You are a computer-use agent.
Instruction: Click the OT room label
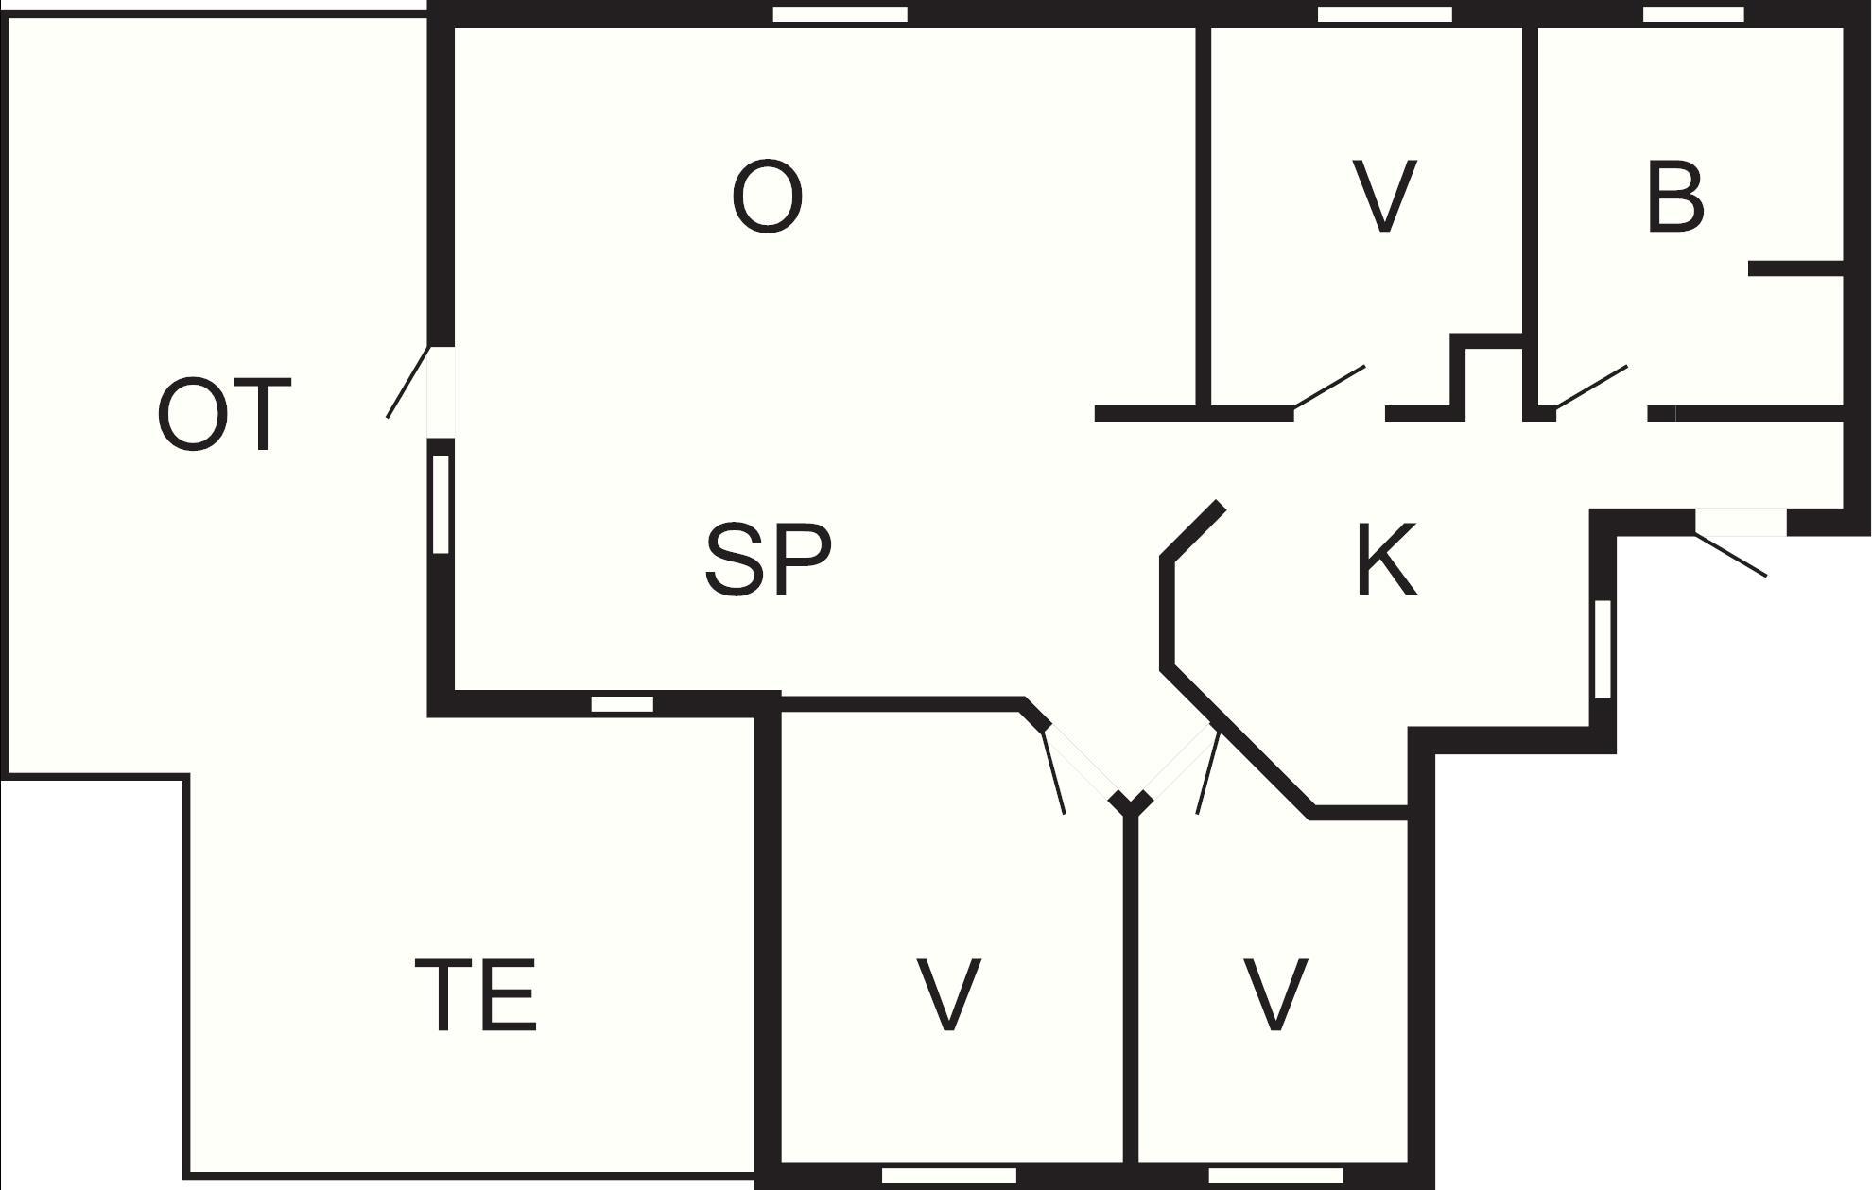224,415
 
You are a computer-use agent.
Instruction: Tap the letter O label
768,197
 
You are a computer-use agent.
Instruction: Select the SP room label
769,560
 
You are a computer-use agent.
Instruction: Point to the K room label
1386,560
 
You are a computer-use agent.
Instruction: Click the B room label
1674,197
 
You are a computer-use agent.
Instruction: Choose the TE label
476,993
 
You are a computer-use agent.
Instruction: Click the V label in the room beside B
1385,197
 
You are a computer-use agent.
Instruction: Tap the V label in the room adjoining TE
949,993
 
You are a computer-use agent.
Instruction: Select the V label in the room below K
1275,993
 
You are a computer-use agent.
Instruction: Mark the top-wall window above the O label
841,14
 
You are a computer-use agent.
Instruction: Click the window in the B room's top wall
1693,14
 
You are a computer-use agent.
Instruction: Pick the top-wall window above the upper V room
1385,14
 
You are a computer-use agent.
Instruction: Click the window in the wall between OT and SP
441,504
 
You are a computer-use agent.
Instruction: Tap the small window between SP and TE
622,704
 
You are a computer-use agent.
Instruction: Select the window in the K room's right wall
1603,649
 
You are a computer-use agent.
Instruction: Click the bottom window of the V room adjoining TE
949,1176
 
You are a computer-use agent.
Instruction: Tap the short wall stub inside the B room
1796,269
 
